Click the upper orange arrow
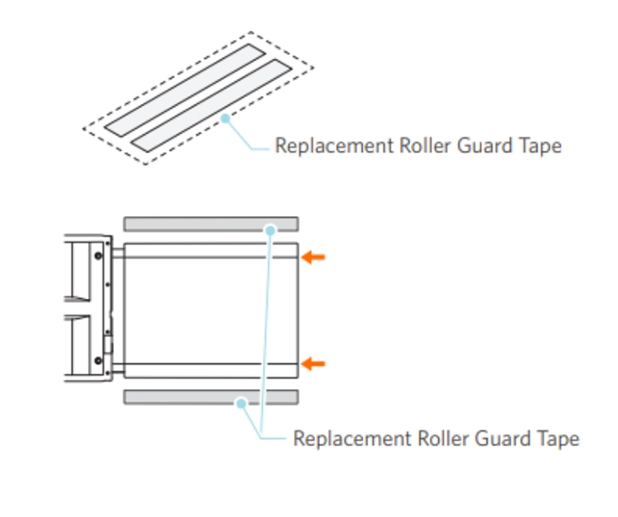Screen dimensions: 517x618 tap(313, 257)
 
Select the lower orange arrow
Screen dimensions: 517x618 tap(313, 363)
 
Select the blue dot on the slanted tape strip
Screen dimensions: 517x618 tap(226, 116)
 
